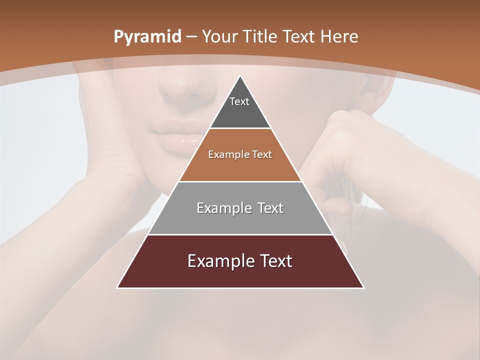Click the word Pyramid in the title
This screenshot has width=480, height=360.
coord(147,37)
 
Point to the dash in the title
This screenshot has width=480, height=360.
coord(192,37)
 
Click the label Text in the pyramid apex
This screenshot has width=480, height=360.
coord(239,101)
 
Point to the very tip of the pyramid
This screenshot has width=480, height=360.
coord(240,76)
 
